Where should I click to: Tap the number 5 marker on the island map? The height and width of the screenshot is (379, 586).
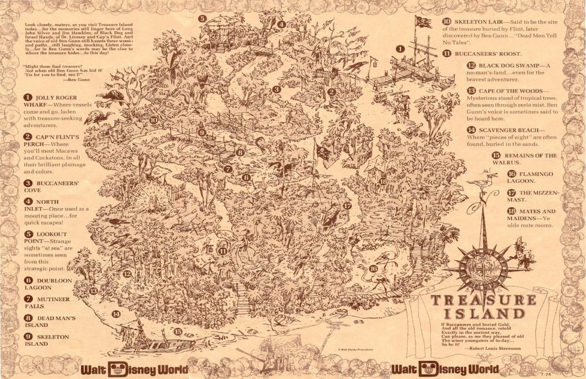[x=202, y=19]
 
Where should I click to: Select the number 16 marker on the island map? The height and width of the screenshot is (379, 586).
[x=373, y=269]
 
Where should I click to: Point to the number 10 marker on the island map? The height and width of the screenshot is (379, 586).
[x=153, y=119]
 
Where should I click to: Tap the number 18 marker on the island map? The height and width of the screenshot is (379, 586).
[x=383, y=181]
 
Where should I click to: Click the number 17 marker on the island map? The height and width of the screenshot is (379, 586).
[x=347, y=206]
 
